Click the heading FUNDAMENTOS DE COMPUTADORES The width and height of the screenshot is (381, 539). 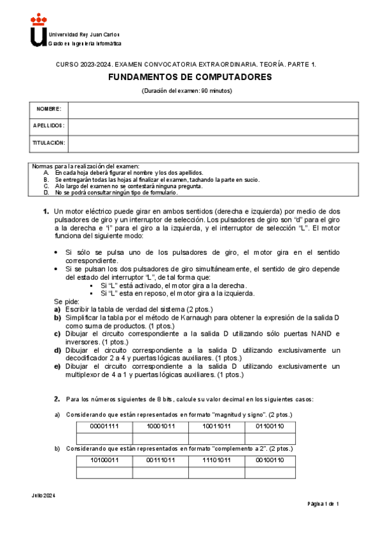coord(190,77)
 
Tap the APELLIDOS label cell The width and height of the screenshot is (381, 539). coord(48,126)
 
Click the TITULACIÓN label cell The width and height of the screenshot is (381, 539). coord(48,143)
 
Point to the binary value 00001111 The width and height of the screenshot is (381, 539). coord(104,426)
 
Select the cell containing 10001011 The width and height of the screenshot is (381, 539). coord(160,426)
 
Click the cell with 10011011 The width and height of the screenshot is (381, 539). coord(217,426)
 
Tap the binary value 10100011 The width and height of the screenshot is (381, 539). coord(104,460)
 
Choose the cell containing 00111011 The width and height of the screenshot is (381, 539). coord(160,460)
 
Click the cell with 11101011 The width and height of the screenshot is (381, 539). coord(217,460)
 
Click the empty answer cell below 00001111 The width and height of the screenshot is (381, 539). coord(104,437)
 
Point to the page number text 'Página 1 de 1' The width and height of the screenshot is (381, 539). coord(323,504)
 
